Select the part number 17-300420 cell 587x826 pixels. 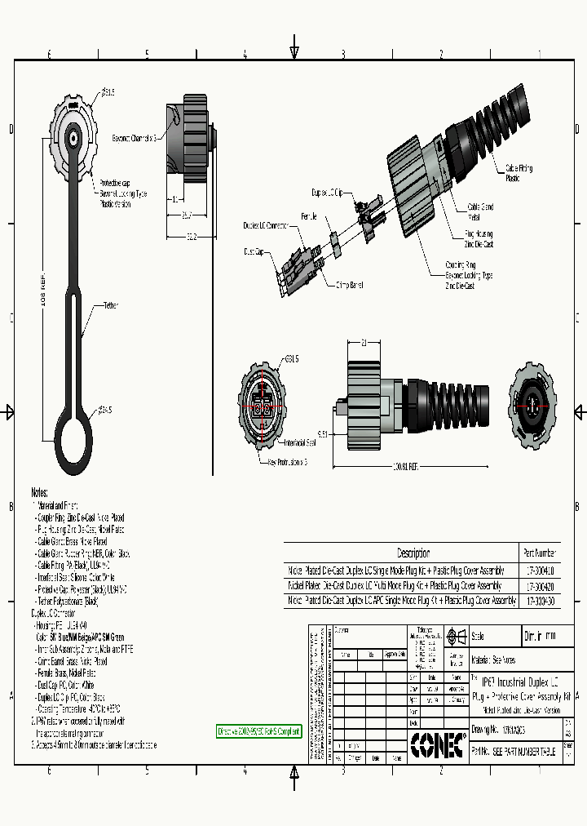(x=539, y=586)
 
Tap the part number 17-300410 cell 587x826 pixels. (x=539, y=571)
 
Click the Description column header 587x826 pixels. (x=413, y=553)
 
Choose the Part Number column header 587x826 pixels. (x=539, y=553)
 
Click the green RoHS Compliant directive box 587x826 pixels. (x=258, y=731)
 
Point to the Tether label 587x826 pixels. (x=110, y=305)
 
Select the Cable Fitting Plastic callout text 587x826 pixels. (x=519, y=172)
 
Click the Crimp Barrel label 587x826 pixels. (x=350, y=285)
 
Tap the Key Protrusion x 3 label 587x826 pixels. (x=287, y=462)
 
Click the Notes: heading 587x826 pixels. (x=40, y=493)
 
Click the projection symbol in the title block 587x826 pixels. (x=455, y=636)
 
